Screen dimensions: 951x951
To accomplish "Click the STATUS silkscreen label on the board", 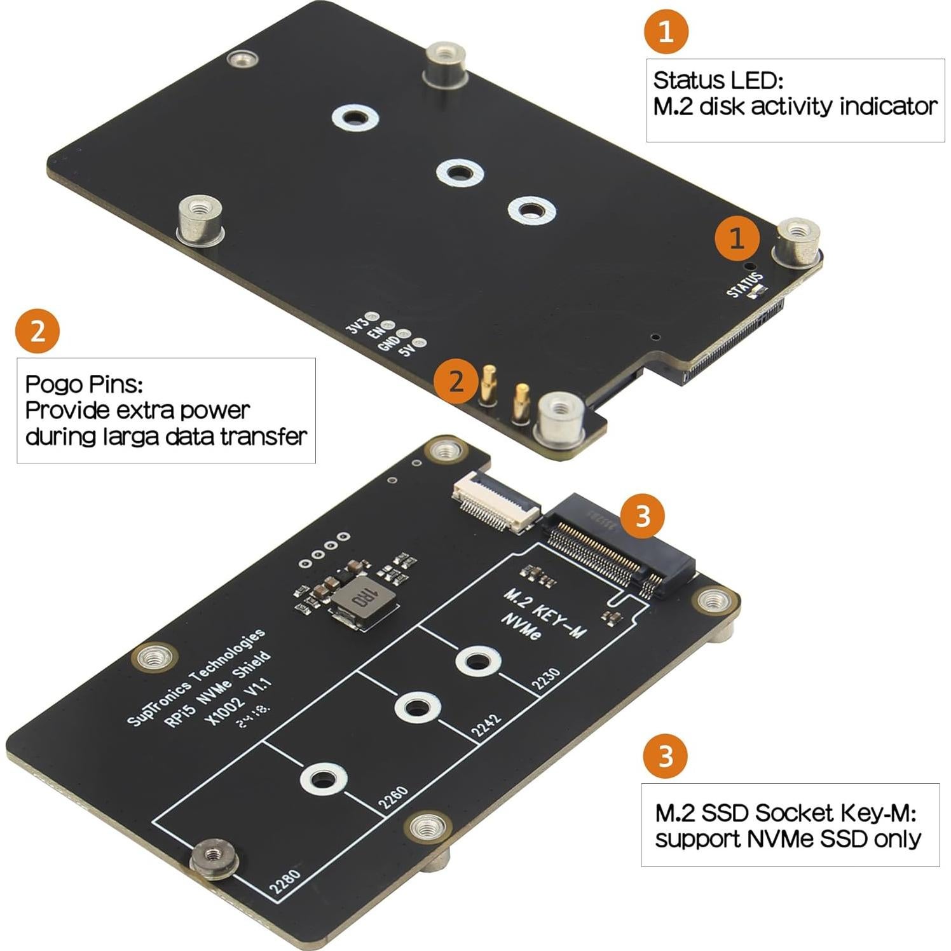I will [x=744, y=284].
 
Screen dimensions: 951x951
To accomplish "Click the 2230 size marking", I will [x=545, y=680].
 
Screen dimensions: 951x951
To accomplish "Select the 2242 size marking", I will [x=486, y=725].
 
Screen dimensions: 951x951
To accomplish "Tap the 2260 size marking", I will [x=393, y=798].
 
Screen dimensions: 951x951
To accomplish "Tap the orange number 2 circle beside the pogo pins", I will [x=456, y=382].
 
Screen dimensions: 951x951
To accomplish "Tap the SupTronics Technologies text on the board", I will [x=196, y=676].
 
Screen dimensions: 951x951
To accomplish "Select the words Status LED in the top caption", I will [x=718, y=81].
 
